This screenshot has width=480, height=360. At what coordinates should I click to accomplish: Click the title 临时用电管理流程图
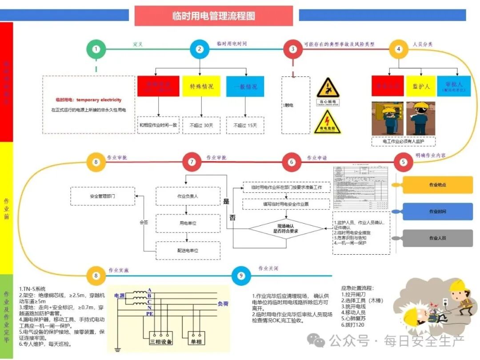214,16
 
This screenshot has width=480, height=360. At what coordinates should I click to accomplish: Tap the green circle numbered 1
96,49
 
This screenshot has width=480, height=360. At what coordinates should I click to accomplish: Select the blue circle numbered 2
200,49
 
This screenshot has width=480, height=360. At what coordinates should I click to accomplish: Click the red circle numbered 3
292,49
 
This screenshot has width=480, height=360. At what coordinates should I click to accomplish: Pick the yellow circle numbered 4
399,49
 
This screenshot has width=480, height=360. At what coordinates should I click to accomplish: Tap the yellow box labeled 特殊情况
201,86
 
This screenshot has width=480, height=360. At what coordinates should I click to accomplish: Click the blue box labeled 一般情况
245,86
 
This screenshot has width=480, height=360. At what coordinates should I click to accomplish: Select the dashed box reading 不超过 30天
201,125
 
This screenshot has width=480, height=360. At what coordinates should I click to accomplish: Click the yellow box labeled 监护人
420,86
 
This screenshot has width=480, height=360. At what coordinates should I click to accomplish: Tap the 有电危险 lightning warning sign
328,121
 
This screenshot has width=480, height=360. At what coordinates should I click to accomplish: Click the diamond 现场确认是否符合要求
285,229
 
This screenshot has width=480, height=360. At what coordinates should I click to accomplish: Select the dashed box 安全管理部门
103,196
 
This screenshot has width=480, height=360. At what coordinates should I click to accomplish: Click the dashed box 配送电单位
188,251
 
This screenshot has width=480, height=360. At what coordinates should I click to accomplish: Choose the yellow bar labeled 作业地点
437,185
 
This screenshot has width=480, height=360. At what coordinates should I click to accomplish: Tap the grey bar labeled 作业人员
437,238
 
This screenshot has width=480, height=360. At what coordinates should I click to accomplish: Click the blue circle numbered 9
241,276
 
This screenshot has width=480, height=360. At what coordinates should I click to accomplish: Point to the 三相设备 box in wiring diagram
160,341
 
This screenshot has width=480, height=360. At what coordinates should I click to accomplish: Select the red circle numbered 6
292,162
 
